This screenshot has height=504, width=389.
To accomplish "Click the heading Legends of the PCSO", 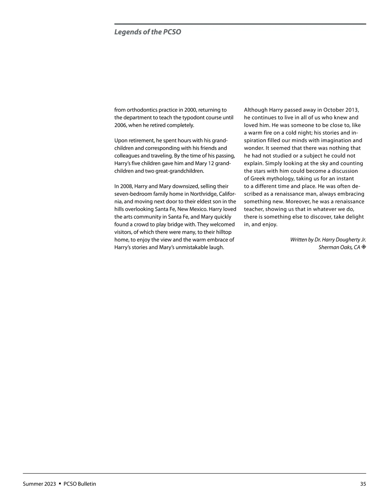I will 147,32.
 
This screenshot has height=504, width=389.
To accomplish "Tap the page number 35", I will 363,484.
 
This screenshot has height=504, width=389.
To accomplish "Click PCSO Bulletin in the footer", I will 80,484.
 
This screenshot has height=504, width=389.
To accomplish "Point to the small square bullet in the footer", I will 60,484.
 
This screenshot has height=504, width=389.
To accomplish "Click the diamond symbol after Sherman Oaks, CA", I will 364,247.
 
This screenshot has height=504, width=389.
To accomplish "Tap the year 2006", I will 121,125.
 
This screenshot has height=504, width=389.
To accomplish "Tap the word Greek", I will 258,179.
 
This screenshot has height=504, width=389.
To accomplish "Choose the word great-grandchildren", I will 178,171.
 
